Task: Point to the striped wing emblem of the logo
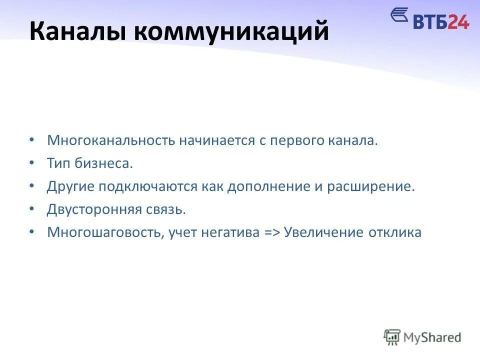coord(399,16)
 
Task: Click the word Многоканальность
coord(109,140)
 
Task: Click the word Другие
coord(70,186)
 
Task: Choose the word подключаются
coord(148,186)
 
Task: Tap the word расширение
coord(371,186)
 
